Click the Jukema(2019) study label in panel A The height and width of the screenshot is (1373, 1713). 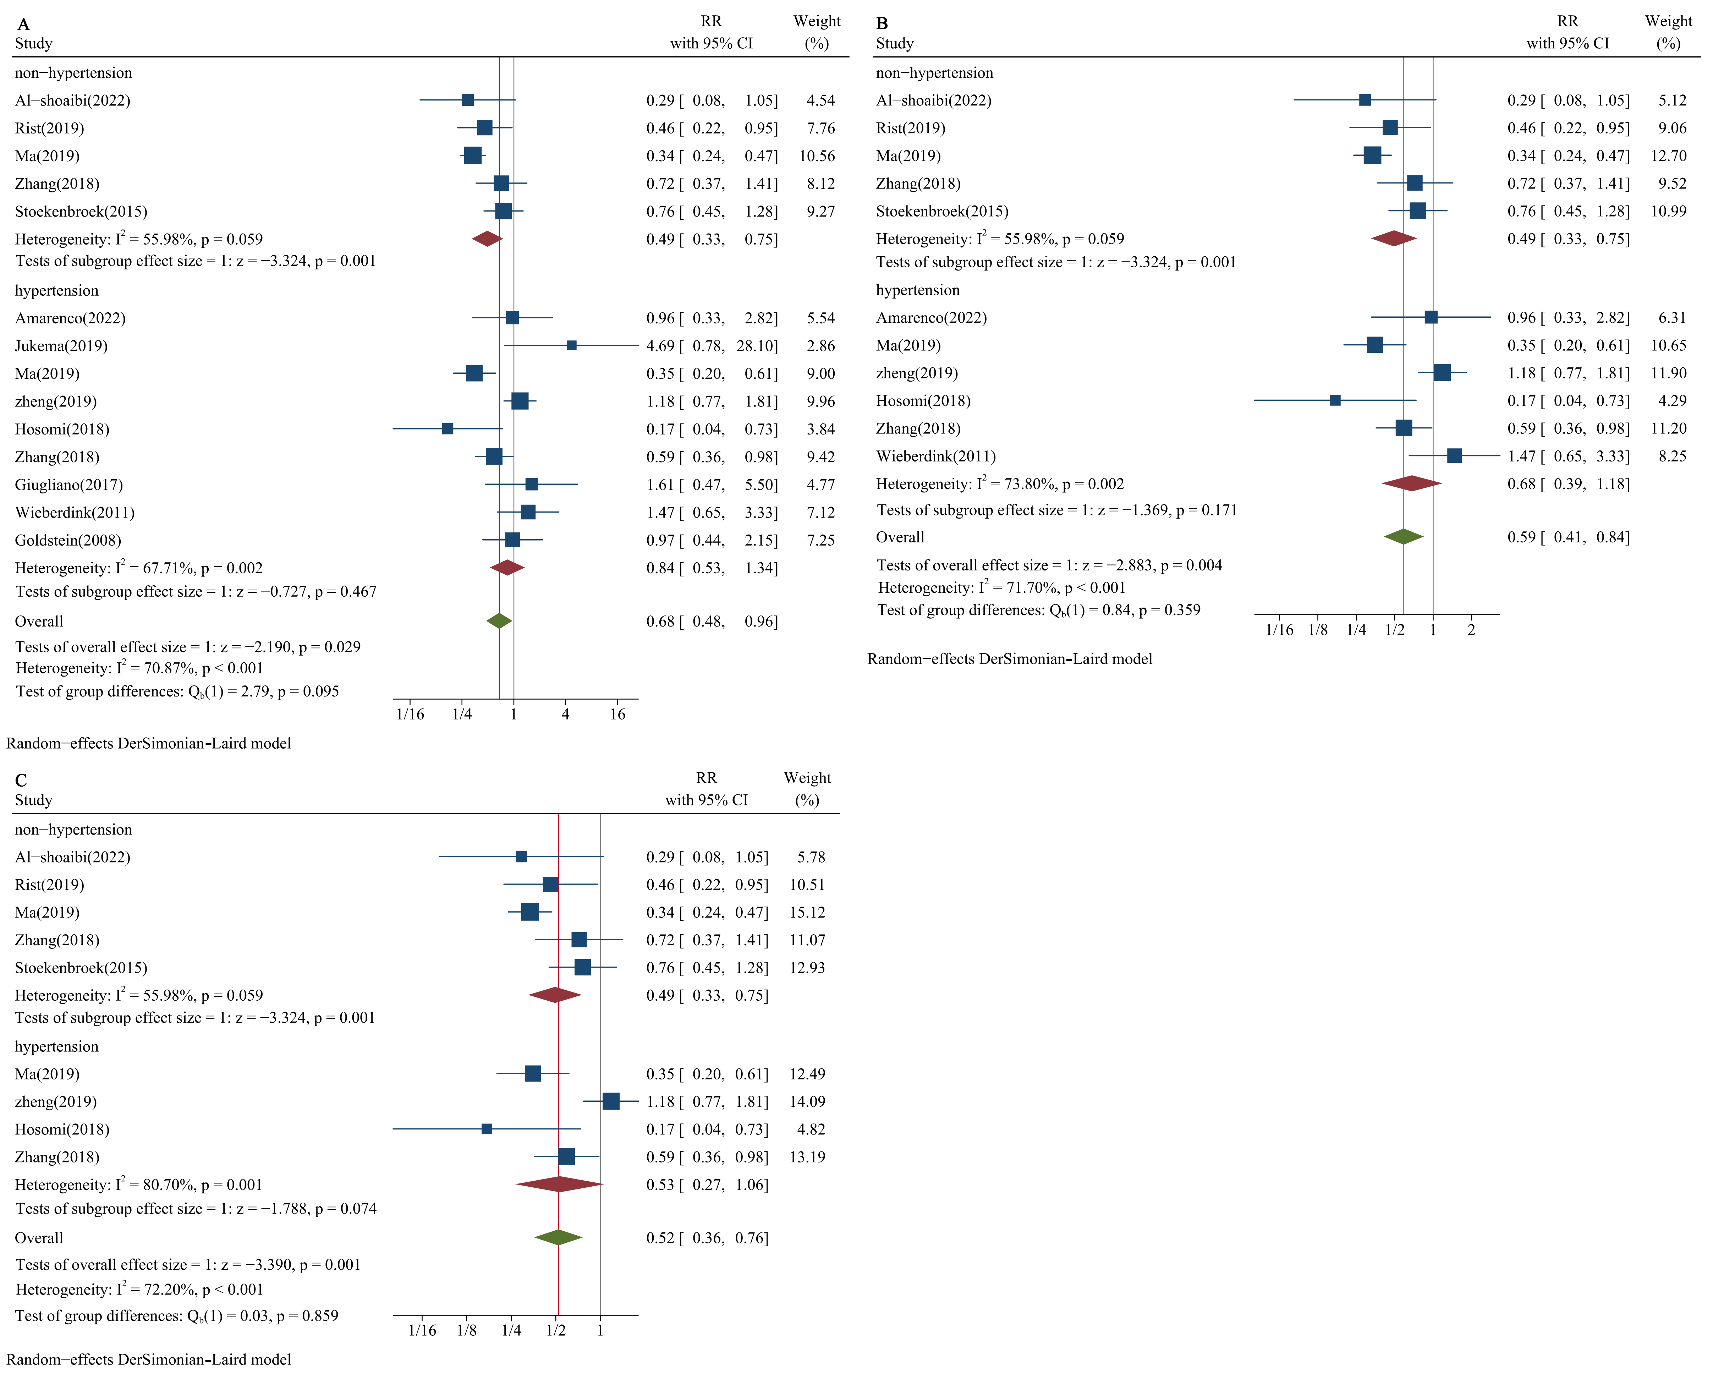(x=61, y=346)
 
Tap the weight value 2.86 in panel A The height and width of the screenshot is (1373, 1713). (x=821, y=346)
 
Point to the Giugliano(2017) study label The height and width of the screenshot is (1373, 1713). (x=69, y=485)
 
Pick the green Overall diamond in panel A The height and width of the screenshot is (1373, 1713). (x=499, y=620)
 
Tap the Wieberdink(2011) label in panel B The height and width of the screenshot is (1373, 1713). (x=936, y=456)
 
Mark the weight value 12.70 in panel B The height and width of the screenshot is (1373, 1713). (x=1669, y=156)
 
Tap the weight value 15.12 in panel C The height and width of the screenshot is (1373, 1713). (x=807, y=912)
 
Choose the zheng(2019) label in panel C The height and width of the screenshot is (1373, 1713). (x=56, y=1101)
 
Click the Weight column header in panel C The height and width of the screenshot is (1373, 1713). (x=807, y=788)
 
